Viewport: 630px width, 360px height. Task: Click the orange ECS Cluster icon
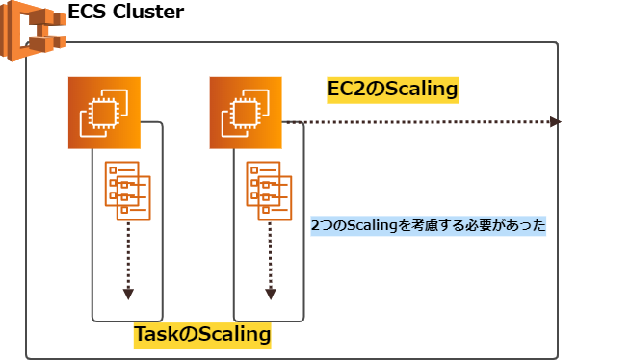pos(32,32)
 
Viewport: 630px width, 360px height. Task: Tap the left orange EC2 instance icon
pos(105,113)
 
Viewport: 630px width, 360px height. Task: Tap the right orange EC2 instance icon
pos(247,113)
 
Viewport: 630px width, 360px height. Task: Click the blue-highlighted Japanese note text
pos(428,226)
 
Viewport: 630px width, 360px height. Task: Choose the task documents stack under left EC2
pos(127,189)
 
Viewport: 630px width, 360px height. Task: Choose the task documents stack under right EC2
pos(268,189)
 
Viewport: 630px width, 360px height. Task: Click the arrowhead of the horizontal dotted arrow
pos(555,122)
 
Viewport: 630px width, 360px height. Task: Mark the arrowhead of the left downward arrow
pos(128,294)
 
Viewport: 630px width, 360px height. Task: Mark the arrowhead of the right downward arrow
pos(270,294)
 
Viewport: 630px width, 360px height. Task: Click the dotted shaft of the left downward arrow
pos(128,255)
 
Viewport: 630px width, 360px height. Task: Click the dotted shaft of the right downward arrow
pos(270,255)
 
